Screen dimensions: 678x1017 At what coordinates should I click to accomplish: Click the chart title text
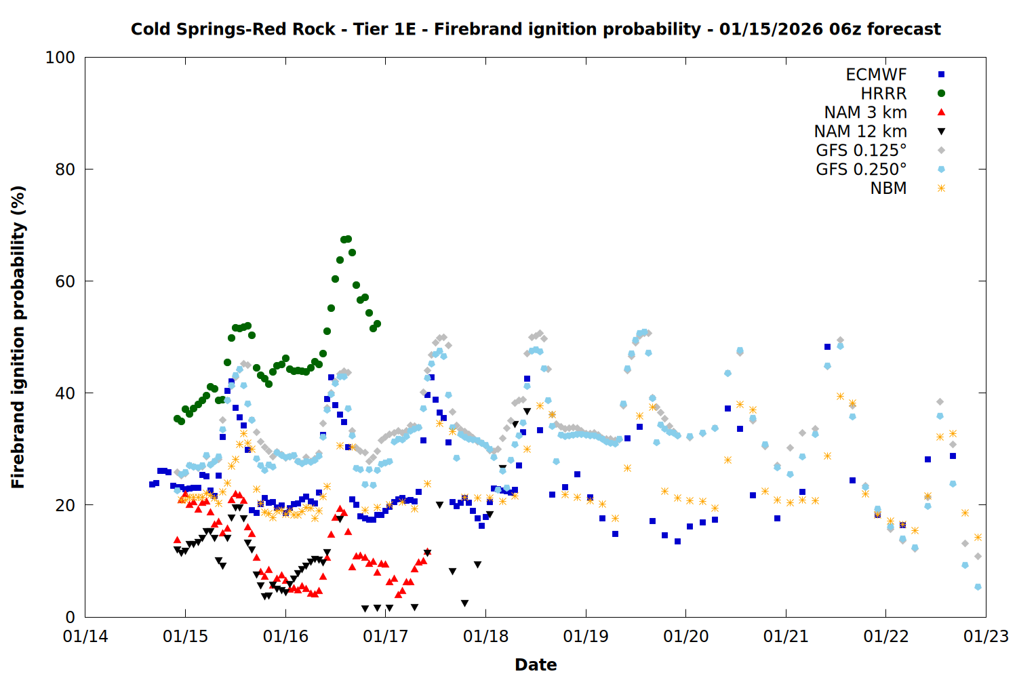(x=536, y=29)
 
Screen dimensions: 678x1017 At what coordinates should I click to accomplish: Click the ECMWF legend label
(x=876, y=75)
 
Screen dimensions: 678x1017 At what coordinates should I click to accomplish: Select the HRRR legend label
(x=883, y=94)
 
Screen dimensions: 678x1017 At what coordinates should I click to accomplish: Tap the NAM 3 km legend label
(x=865, y=113)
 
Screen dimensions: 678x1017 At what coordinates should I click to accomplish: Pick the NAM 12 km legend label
(x=860, y=132)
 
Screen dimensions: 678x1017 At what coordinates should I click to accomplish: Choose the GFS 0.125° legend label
(x=861, y=151)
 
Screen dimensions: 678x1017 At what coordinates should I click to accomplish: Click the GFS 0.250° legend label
(x=861, y=169)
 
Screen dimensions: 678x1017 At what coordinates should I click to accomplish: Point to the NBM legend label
(x=888, y=188)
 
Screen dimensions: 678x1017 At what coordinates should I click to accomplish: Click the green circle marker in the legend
(x=941, y=94)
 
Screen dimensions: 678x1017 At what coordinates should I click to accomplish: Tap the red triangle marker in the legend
(x=941, y=113)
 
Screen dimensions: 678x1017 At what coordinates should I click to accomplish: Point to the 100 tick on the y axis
(x=60, y=58)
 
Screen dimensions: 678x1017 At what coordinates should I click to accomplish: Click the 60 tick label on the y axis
(x=65, y=281)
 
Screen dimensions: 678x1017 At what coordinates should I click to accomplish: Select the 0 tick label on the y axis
(x=70, y=617)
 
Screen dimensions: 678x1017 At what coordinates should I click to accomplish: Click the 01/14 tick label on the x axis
(x=85, y=637)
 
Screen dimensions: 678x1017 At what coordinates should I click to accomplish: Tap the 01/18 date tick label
(x=485, y=637)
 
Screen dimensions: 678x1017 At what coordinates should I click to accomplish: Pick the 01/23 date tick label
(x=986, y=637)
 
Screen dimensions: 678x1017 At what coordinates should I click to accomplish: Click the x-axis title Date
(x=536, y=664)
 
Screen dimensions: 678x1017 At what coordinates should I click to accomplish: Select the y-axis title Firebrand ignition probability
(x=18, y=337)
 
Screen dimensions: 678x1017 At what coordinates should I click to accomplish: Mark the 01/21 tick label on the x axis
(x=786, y=637)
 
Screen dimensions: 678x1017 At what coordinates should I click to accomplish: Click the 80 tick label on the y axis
(x=65, y=169)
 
